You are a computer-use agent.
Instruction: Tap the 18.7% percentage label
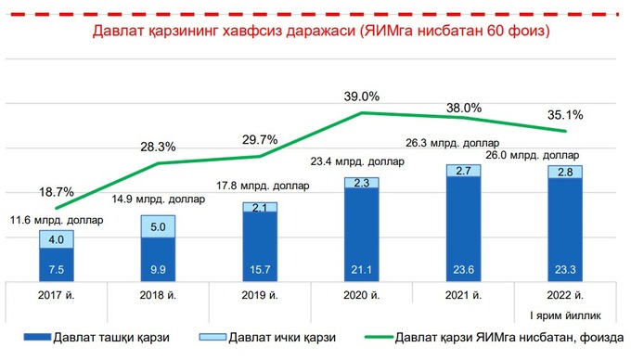(x=57, y=192)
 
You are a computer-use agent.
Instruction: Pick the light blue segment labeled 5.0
(x=159, y=226)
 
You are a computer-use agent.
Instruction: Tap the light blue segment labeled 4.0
(x=57, y=239)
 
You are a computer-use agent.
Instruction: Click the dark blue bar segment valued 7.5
(x=57, y=264)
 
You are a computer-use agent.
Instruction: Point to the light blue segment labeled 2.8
(x=565, y=173)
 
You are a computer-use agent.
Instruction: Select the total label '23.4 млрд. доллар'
(x=360, y=161)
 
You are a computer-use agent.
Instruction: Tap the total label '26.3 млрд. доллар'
(x=462, y=143)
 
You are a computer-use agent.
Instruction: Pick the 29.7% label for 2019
(x=260, y=139)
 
